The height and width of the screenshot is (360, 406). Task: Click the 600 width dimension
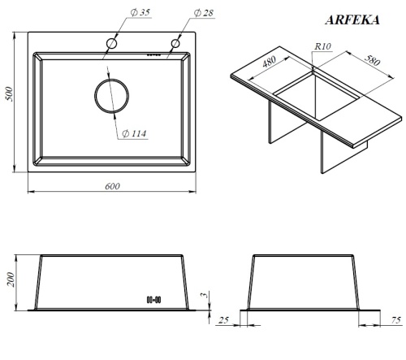click(112, 187)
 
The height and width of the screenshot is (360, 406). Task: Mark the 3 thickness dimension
click(205, 297)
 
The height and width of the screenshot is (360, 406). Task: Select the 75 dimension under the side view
click(395, 320)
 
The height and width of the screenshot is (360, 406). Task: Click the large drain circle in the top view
click(111, 96)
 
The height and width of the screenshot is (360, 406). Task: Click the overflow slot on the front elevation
click(154, 298)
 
